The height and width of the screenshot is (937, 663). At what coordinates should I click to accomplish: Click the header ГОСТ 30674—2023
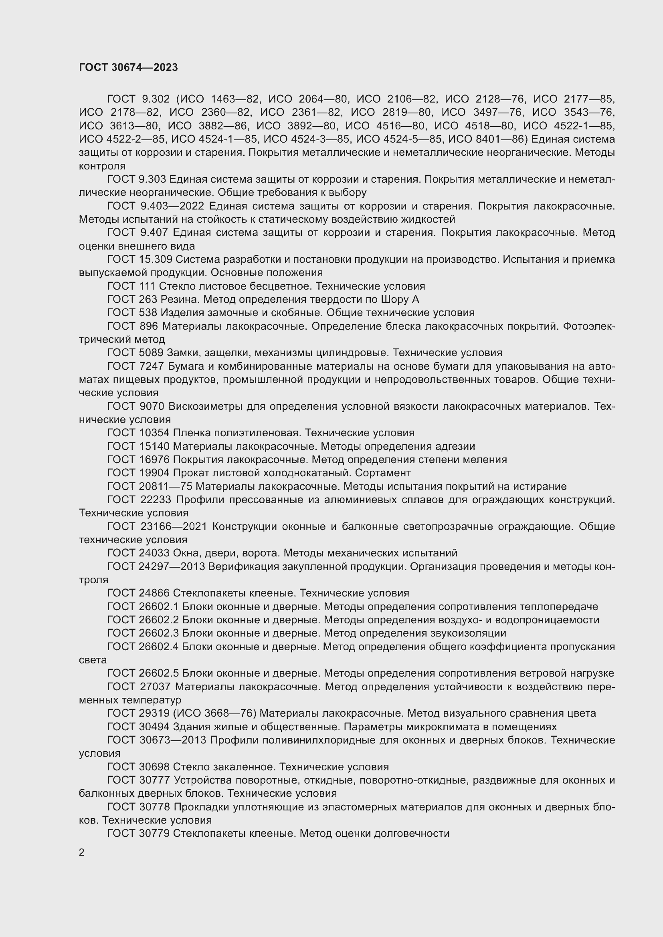click(x=128, y=67)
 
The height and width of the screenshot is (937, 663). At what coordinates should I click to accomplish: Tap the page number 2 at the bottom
click(x=82, y=852)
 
